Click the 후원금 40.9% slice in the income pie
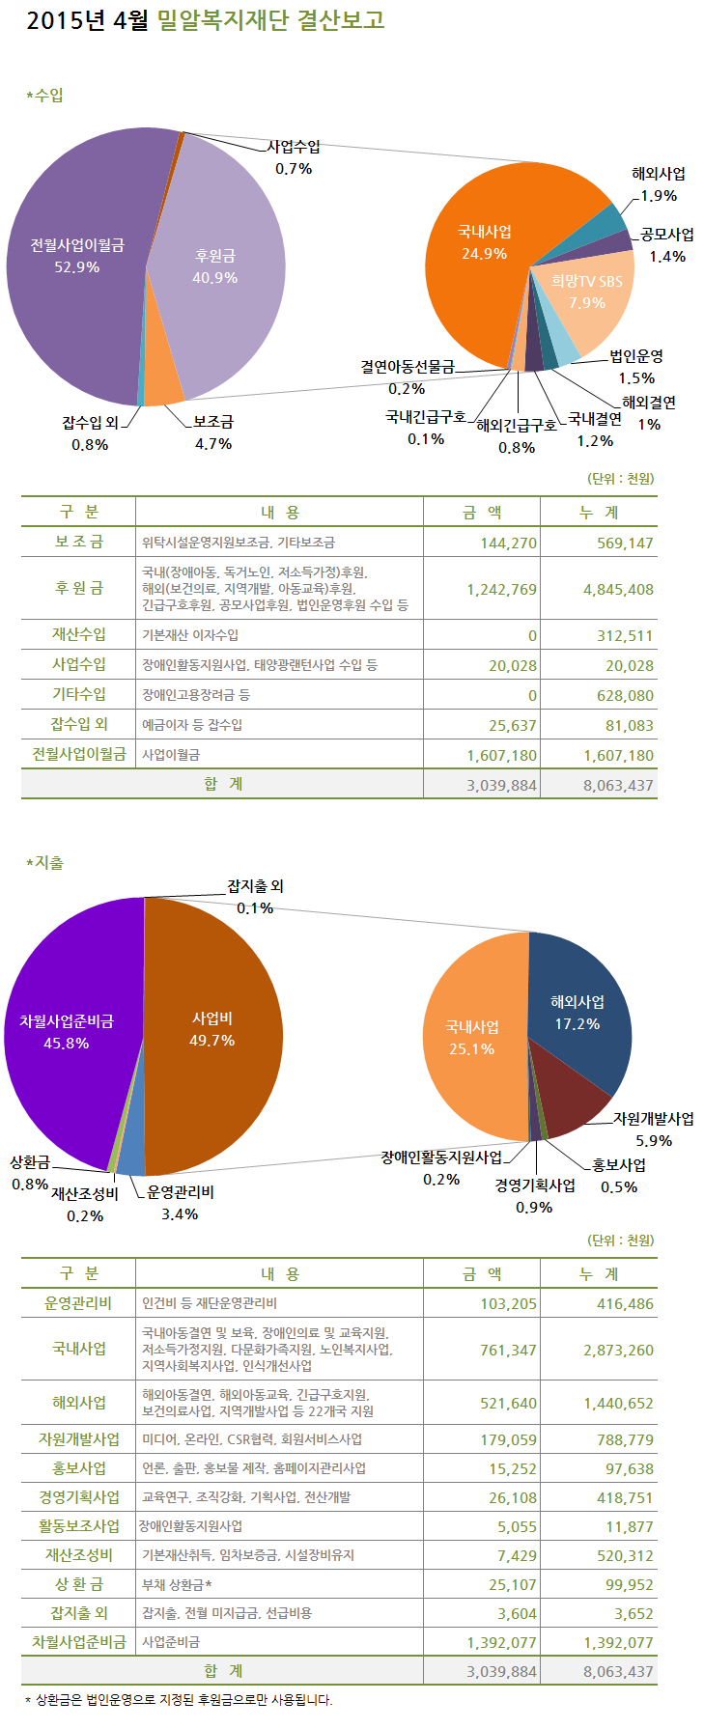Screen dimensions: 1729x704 click(x=216, y=265)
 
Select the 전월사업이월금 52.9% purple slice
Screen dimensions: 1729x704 click(x=77, y=256)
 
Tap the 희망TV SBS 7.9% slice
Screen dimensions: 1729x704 click(x=587, y=291)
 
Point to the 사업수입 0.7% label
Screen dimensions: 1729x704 click(x=294, y=156)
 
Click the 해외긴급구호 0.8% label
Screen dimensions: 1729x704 click(x=517, y=434)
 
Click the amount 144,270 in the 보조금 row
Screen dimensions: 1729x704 click(x=508, y=543)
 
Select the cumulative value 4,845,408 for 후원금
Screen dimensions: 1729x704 click(x=618, y=589)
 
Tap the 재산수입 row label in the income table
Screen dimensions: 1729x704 click(x=79, y=634)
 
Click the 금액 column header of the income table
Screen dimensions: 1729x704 click(x=482, y=512)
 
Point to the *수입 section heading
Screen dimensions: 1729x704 click(x=45, y=96)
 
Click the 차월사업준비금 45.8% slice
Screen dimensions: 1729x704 click(x=67, y=1031)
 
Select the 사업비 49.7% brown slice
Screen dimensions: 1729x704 click(x=212, y=1029)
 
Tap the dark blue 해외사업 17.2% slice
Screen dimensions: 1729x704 click(x=577, y=1012)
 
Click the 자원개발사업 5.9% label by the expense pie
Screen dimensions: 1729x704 click(x=654, y=1129)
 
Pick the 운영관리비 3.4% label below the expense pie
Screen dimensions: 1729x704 click(x=181, y=1202)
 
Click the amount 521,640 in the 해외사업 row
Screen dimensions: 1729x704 click(x=508, y=1403)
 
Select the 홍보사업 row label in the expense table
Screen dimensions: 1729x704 click(x=79, y=1467)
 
